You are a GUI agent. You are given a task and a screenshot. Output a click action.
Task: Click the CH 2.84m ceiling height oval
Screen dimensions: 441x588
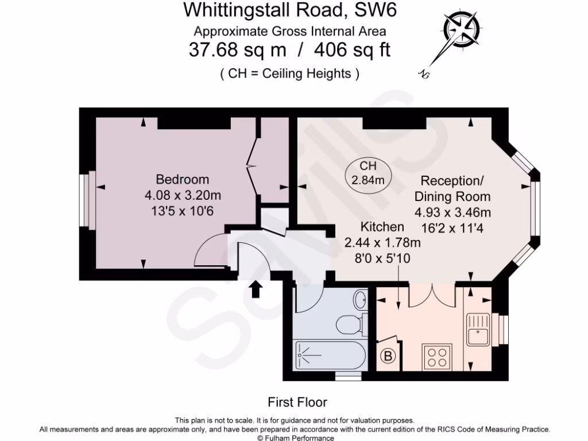pos(367,173)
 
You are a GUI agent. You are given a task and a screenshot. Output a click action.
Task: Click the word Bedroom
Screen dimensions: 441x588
pos(183,179)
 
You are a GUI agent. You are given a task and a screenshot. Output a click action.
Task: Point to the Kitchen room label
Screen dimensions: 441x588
pos(382,227)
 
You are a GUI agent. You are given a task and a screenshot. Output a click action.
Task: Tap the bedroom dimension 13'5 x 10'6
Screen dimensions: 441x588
pos(183,211)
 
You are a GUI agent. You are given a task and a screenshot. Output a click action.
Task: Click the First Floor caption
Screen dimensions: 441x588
pos(297,402)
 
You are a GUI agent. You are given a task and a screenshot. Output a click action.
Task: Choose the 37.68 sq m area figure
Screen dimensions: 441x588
pos(237,50)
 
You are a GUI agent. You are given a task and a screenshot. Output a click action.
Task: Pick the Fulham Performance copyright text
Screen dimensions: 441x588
pos(294,437)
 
